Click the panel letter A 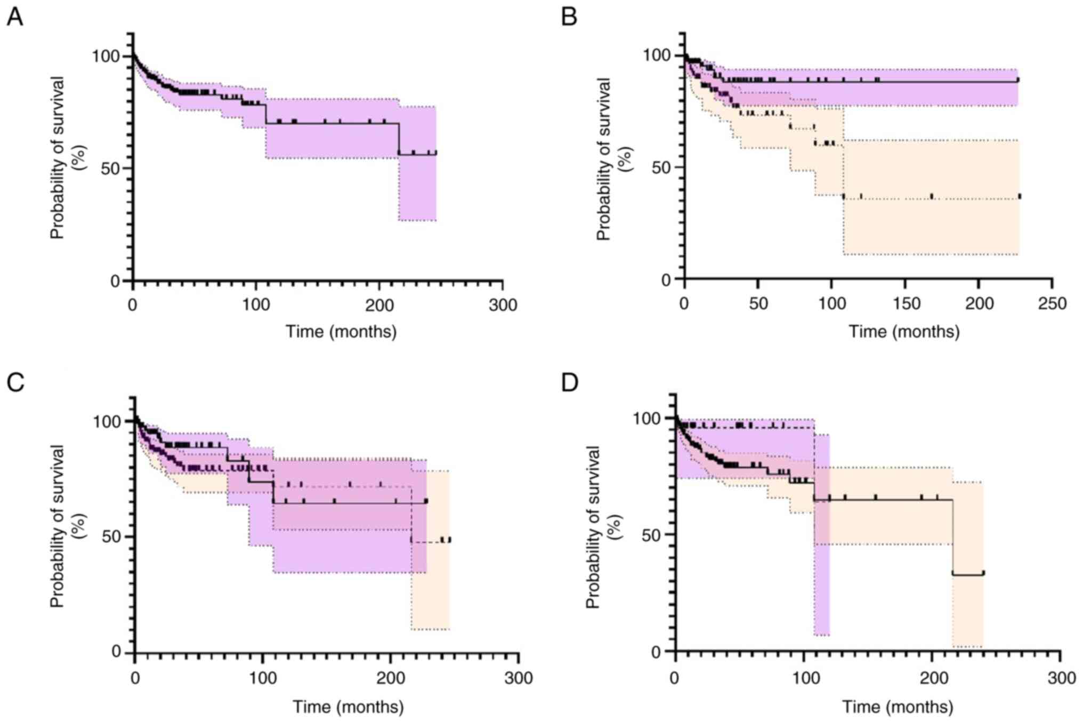[x=15, y=17]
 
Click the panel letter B [x=569, y=17]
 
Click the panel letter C [x=15, y=382]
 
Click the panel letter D [x=570, y=382]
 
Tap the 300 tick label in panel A [x=503, y=305]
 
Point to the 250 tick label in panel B [x=1052, y=304]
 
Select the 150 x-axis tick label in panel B [x=905, y=304]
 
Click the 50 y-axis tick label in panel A [x=110, y=168]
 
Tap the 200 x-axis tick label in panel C [x=391, y=678]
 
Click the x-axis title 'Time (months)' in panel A [x=341, y=332]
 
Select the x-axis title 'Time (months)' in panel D [x=898, y=707]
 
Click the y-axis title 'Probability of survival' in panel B [x=603, y=159]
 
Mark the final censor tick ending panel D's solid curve [x=983, y=573]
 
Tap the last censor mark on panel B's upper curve [x=1017, y=80]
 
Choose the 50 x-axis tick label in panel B [x=758, y=304]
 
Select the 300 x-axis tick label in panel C [x=519, y=678]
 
